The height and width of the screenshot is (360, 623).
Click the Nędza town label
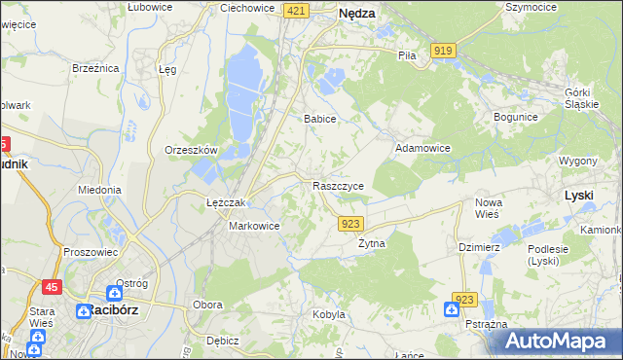click(x=358, y=15)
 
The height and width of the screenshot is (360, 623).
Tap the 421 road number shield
click(x=297, y=10)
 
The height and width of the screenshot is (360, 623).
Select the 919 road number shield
click(x=445, y=50)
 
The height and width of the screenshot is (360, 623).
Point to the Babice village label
click(x=319, y=119)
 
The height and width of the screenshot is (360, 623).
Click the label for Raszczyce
click(x=338, y=185)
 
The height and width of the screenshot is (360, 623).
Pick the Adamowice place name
click(x=421, y=148)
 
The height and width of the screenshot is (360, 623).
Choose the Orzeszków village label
click(x=191, y=151)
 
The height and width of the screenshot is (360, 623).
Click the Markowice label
click(x=254, y=226)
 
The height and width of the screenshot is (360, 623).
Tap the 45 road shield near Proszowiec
click(x=51, y=286)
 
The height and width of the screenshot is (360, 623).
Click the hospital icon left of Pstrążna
click(x=451, y=309)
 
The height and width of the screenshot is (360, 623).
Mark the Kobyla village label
click(x=329, y=314)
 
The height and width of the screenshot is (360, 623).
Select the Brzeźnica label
click(x=95, y=68)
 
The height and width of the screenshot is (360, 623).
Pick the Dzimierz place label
click(x=479, y=247)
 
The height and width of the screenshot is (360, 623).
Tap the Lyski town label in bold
click(x=579, y=195)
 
